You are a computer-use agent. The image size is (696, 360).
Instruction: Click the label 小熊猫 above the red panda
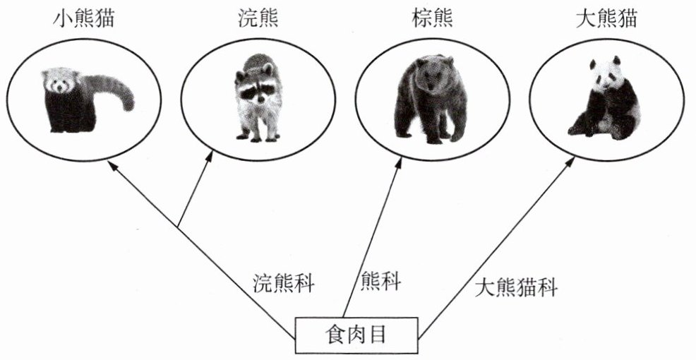tap(84, 18)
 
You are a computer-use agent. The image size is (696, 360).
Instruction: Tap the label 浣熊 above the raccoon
tap(258, 18)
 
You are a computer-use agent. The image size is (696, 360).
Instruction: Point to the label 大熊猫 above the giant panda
tap(606, 18)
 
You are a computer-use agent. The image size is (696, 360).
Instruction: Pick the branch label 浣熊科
tap(284, 284)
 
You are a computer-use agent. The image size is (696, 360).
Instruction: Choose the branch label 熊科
tap(380, 282)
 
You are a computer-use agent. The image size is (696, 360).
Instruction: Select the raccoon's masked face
tap(256, 88)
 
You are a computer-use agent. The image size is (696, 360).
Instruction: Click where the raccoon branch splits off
tap(178, 227)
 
